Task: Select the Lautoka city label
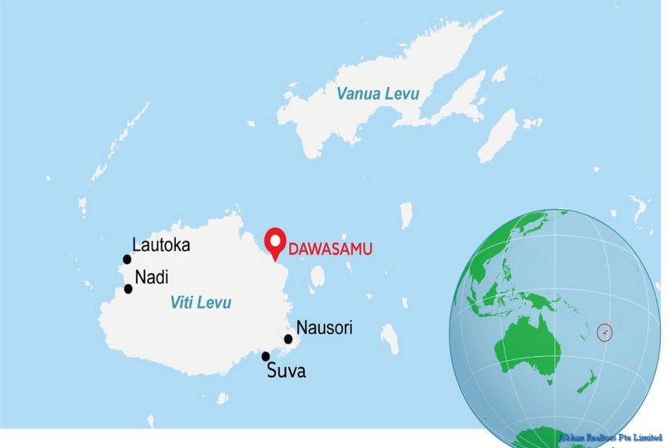coord(161,244)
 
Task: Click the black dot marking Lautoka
coord(127,259)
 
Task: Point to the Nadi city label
coord(151,277)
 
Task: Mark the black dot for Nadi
coord(128,288)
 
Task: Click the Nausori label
coord(324,328)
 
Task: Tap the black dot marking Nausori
coord(288,340)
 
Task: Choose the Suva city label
coord(286,370)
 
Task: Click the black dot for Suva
coord(266,356)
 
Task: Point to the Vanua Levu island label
coord(377,94)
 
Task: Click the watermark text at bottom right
coord(610,437)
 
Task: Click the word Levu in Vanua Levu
coord(402,94)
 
